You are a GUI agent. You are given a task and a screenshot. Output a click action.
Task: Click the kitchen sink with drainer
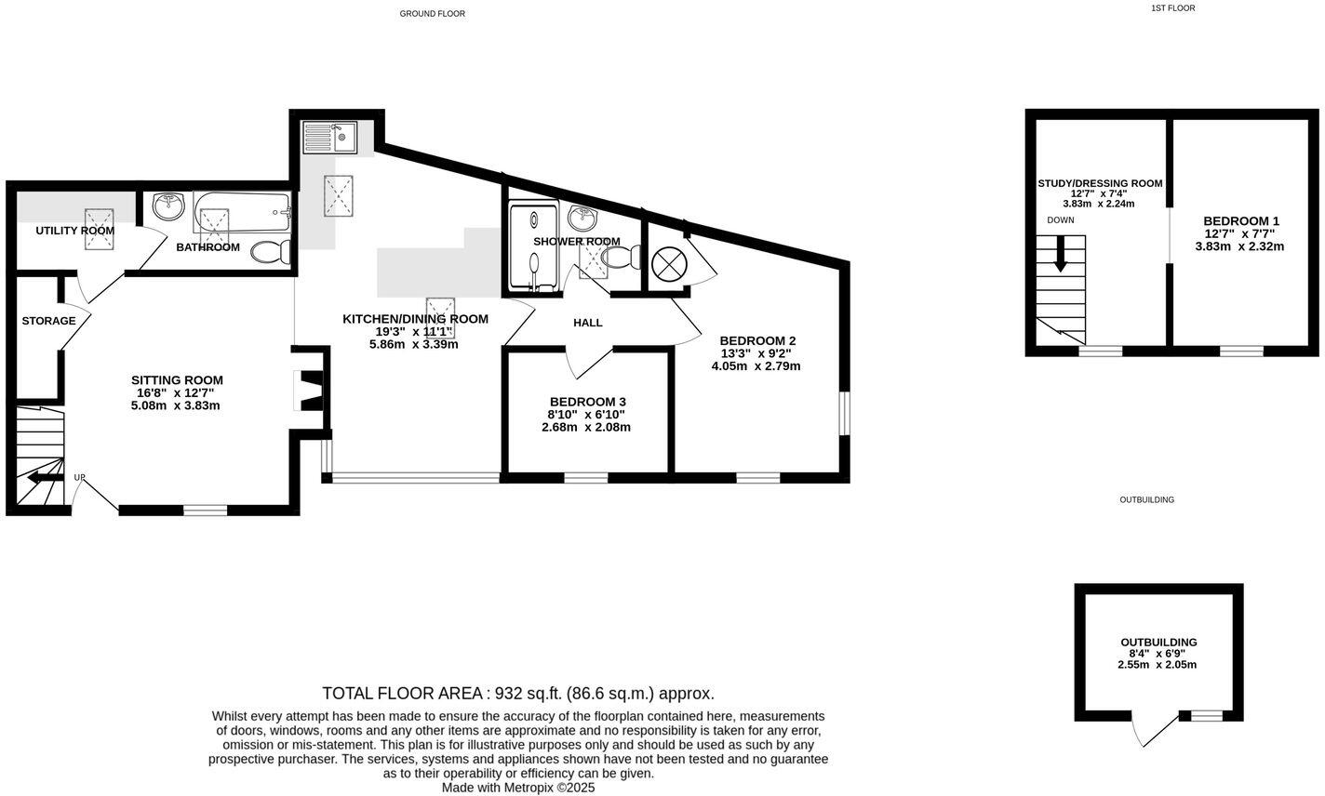pos(329,139)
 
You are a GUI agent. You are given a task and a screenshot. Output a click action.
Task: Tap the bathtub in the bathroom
pos(243,214)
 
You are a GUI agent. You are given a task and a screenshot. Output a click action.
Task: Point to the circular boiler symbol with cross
pos(668,264)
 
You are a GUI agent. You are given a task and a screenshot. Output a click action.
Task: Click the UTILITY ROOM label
pos(75,231)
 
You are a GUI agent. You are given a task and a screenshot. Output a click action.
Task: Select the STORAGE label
pos(49,321)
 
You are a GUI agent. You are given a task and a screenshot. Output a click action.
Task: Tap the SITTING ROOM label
pos(177,380)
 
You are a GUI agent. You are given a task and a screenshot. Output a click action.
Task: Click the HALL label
pos(588,323)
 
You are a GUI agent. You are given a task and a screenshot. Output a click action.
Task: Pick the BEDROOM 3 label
pos(586,402)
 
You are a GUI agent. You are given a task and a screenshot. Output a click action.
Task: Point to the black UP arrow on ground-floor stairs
pos(39,478)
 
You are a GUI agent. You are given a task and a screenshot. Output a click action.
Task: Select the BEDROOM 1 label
pos(1242,220)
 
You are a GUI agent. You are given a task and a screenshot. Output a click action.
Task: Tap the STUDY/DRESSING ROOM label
pos(1100,183)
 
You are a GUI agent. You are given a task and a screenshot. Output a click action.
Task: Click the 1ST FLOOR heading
pos(1172,8)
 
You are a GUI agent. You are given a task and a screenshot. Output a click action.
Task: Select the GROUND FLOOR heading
pos(432,14)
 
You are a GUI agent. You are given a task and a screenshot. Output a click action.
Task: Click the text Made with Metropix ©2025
pos(517,788)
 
